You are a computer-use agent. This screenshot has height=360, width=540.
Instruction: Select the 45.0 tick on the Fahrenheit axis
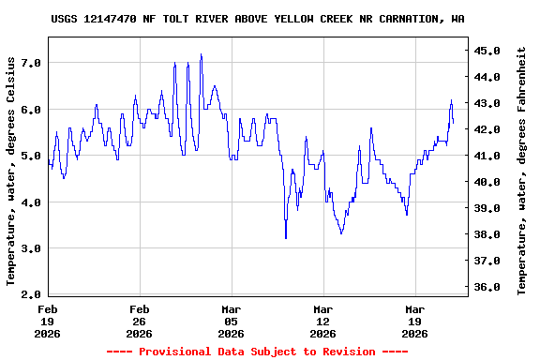click(488, 50)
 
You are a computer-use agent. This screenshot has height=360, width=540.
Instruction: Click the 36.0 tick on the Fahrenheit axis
click(488, 287)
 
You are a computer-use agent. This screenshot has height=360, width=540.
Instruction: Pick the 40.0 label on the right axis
click(488, 182)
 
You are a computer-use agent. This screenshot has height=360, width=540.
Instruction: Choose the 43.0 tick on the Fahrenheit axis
click(488, 102)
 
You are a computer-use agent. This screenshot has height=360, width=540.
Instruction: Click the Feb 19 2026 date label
click(48, 321)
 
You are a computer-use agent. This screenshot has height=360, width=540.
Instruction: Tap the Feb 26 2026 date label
click(140, 321)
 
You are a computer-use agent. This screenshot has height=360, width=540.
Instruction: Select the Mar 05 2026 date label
click(232, 321)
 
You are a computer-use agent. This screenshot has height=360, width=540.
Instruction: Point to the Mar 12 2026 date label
click(323, 321)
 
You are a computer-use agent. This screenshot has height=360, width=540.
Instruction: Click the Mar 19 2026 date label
click(415, 321)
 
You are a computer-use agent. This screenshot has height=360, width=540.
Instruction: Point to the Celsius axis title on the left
click(11, 170)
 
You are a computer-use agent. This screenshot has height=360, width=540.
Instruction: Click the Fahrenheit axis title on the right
click(522, 170)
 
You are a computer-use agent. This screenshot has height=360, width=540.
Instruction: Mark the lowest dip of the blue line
click(286, 238)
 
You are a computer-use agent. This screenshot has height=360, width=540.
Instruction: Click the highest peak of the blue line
click(201, 54)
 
